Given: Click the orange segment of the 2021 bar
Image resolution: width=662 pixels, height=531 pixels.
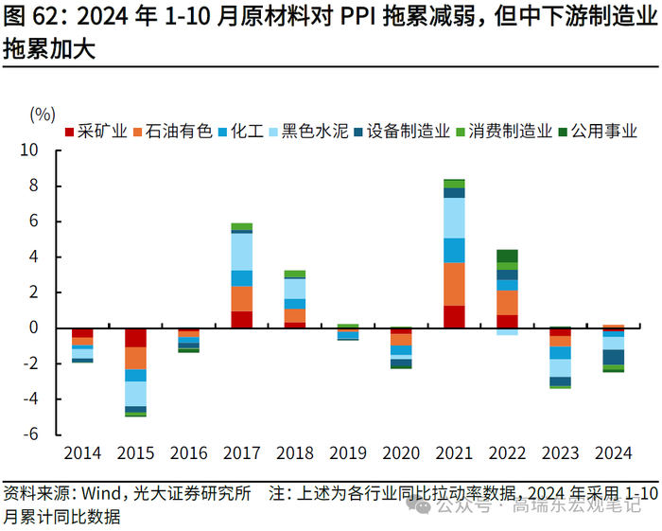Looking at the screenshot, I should tap(454, 284).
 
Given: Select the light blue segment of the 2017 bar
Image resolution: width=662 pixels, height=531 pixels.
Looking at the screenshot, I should tap(242, 252).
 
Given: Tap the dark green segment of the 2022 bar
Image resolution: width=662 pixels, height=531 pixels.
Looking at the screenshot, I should tap(507, 256).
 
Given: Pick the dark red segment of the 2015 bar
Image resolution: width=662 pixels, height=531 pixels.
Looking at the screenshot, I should tap(136, 338).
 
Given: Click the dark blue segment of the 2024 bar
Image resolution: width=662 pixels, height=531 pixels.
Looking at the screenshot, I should tap(614, 357).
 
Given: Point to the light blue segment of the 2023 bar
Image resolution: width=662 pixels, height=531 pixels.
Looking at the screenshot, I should tap(561, 368).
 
